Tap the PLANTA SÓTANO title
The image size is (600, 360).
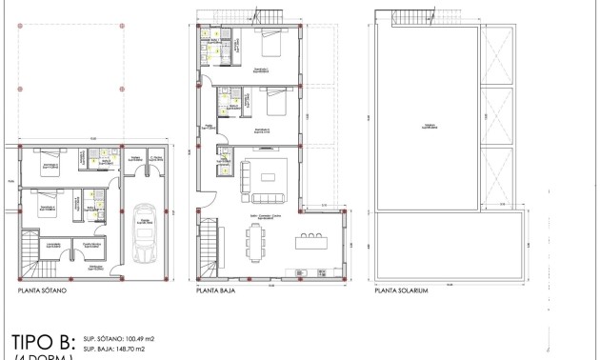pyautogui.click(x=41, y=291)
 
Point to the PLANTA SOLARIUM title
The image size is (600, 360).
pyautogui.click(x=402, y=291)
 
